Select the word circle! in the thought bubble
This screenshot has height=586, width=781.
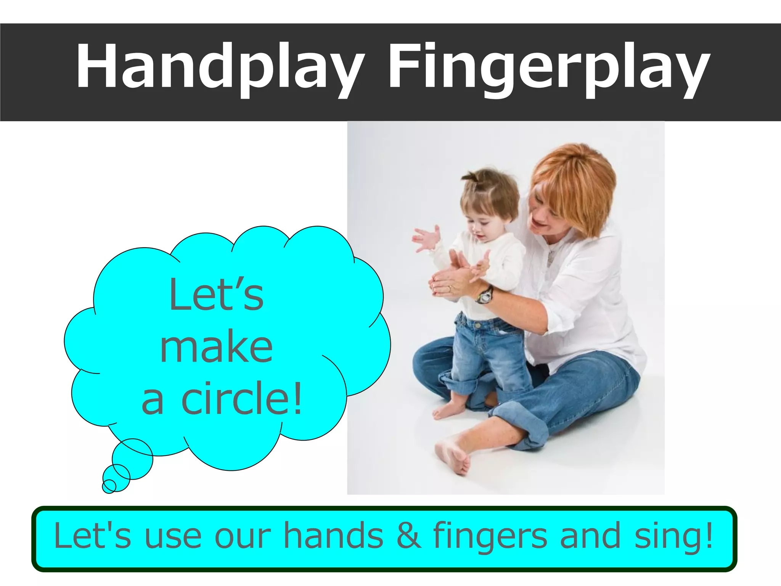click(x=242, y=399)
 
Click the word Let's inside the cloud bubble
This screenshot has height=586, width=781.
click(x=216, y=295)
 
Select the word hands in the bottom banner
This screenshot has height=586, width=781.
click(x=333, y=536)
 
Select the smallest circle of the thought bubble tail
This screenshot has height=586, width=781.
click(x=109, y=486)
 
